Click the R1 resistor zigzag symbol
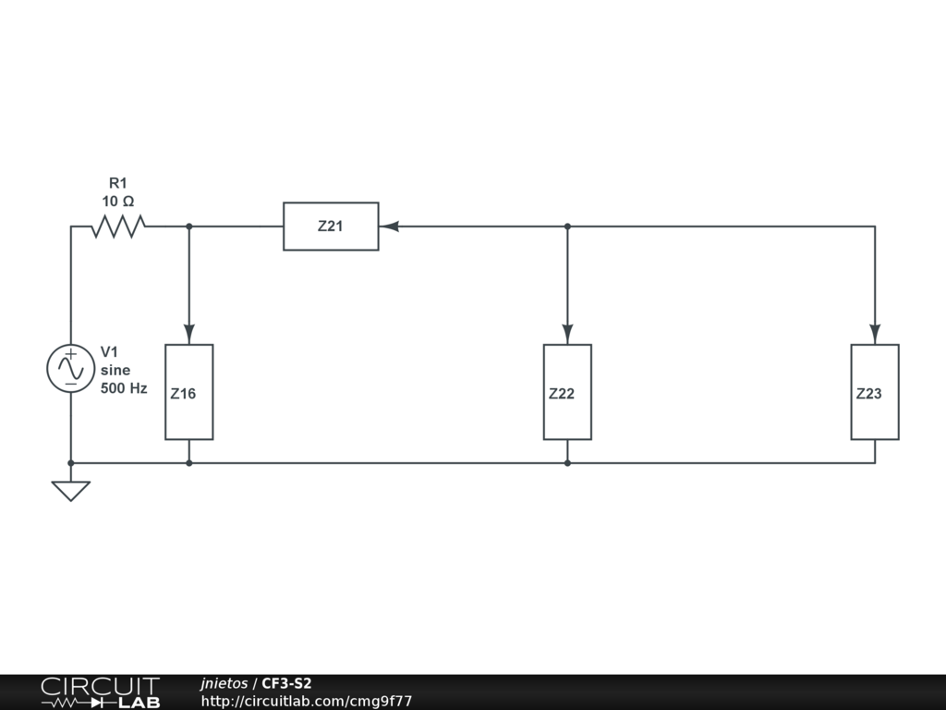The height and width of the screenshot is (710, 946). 118,226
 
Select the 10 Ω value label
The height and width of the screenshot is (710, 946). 118,201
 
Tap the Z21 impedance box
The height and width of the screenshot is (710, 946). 331,226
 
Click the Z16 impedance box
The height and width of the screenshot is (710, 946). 188,392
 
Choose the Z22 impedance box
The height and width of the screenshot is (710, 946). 567,392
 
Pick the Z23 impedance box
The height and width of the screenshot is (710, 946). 875,392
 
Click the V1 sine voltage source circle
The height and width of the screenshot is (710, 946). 71,369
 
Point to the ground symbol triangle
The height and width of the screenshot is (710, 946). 71,491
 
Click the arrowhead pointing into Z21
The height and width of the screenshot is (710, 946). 388,226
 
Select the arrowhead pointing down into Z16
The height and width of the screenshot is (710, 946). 188,333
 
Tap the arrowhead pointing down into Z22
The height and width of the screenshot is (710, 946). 567,333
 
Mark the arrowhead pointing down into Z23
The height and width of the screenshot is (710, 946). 875,333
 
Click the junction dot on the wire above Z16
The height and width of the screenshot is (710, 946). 188,226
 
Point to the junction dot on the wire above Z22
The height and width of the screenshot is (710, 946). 567,226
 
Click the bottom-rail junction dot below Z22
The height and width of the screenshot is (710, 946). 567,462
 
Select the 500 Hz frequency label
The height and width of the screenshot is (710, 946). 124,388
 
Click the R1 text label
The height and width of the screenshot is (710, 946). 118,183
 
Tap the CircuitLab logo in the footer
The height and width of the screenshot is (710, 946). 100,692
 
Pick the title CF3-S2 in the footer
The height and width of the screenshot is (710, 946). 286,683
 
